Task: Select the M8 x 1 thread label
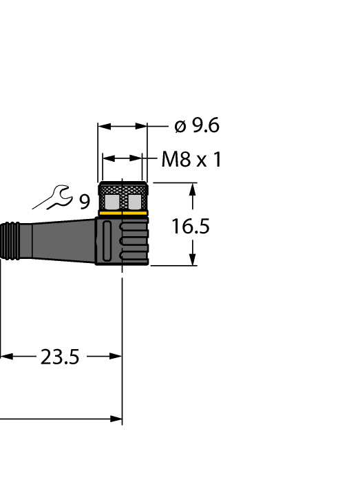click(191, 160)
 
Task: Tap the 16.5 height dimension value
click(191, 226)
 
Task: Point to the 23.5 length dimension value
click(60, 357)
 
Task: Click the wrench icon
click(53, 198)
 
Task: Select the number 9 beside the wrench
click(84, 202)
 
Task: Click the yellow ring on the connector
click(123, 213)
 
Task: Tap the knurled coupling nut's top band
click(123, 188)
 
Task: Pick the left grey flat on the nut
click(110, 201)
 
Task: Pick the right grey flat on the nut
click(136, 201)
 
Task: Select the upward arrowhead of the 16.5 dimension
click(193, 189)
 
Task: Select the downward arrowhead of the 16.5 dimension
click(193, 260)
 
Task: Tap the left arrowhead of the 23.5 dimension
click(6, 357)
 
